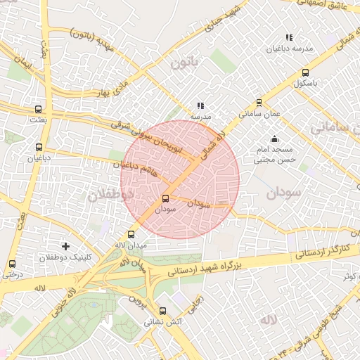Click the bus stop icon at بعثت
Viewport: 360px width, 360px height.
(38, 110)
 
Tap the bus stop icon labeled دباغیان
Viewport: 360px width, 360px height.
(38, 148)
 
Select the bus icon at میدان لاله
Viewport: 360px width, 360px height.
(131, 234)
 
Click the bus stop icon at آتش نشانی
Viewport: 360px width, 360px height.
(163, 311)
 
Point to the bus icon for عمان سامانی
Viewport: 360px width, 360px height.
(259, 102)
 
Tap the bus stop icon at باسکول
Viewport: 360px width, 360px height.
(305, 72)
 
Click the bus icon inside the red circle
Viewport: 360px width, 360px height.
(166, 198)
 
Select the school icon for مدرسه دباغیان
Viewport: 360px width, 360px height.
(288, 37)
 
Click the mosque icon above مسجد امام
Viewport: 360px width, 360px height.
(274, 139)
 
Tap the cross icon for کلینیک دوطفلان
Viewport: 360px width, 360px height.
(66, 246)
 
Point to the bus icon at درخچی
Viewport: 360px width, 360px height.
(11, 264)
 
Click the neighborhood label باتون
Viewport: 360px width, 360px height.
(185, 64)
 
